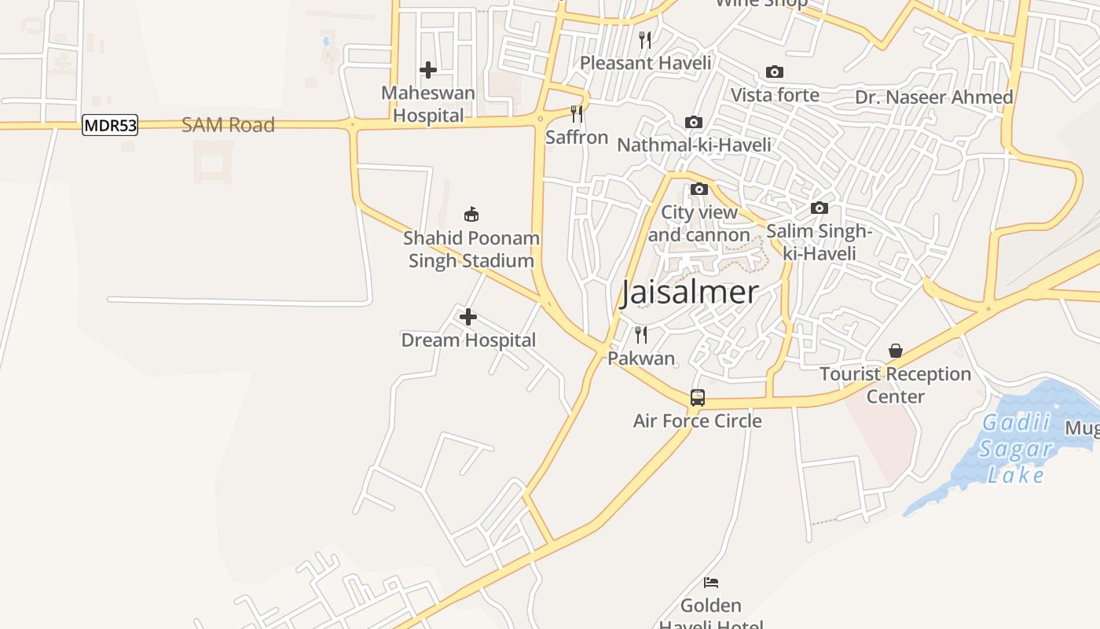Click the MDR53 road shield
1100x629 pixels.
pyautogui.click(x=110, y=125)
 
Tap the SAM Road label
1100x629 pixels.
pyautogui.click(x=228, y=125)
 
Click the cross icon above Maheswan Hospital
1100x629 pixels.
pyautogui.click(x=428, y=70)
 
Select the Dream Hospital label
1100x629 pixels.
pyautogui.click(x=468, y=340)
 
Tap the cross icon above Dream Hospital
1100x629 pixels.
pyautogui.click(x=468, y=317)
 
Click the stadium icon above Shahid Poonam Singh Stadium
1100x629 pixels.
pyautogui.click(x=471, y=214)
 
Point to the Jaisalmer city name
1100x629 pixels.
pyautogui.click(x=690, y=292)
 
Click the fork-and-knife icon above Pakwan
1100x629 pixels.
pyautogui.click(x=641, y=335)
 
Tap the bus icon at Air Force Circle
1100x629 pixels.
pyautogui.click(x=698, y=398)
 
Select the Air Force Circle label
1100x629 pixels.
pyautogui.click(x=698, y=421)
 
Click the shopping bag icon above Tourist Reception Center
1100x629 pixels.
pyautogui.click(x=896, y=351)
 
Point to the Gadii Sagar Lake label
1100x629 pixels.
pyautogui.click(x=1017, y=448)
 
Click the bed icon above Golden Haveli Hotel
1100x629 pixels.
pyautogui.click(x=711, y=583)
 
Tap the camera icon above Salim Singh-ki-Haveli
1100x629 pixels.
pyautogui.click(x=819, y=208)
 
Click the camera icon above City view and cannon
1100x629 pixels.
pyautogui.click(x=699, y=189)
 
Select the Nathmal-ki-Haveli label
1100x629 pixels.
pyautogui.click(x=694, y=145)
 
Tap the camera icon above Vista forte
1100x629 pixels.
pyautogui.click(x=775, y=72)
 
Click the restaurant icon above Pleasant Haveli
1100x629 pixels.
pyautogui.click(x=645, y=39)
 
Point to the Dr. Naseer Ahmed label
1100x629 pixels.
pyautogui.click(x=934, y=97)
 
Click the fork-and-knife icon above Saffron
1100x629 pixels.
pyautogui.click(x=577, y=114)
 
